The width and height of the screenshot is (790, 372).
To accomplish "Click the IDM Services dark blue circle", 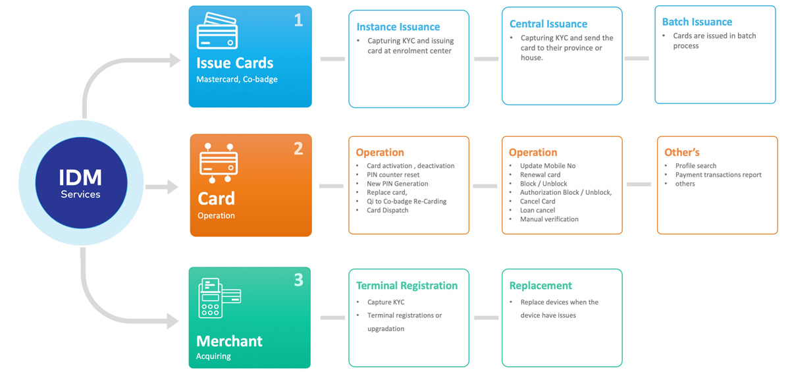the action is pyautogui.click(x=81, y=182).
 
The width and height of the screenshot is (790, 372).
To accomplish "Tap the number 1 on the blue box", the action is pyautogui.click(x=298, y=20).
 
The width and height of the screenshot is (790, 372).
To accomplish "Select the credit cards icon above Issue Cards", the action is pyautogui.click(x=217, y=31).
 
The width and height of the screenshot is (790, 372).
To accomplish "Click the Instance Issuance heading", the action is pyautogui.click(x=398, y=27).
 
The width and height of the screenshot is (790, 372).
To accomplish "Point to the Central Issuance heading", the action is pyautogui.click(x=548, y=24).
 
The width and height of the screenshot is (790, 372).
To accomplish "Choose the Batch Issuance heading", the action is pyautogui.click(x=697, y=22).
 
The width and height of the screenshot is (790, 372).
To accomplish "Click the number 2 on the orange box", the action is pyautogui.click(x=298, y=148).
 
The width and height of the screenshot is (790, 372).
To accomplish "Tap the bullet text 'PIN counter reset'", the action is pyautogui.click(x=393, y=174).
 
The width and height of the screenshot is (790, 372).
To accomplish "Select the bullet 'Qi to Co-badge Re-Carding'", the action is pyautogui.click(x=406, y=201).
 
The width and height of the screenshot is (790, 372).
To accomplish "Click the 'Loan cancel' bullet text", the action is pyautogui.click(x=537, y=210).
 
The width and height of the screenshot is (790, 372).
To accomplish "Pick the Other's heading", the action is pyautogui.click(x=682, y=152).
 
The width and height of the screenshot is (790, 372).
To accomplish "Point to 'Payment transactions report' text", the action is pyautogui.click(x=718, y=174).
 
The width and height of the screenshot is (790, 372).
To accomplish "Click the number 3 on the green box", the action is pyautogui.click(x=298, y=280).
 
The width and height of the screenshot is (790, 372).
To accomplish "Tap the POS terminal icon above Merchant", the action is pyautogui.click(x=219, y=298).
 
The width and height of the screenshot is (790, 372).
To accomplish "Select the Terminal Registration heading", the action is pyautogui.click(x=407, y=286).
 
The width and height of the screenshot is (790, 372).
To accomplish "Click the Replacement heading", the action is pyautogui.click(x=540, y=286).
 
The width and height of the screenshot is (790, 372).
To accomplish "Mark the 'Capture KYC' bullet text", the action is pyautogui.click(x=386, y=302).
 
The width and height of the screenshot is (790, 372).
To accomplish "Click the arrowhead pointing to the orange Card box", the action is pyautogui.click(x=172, y=186).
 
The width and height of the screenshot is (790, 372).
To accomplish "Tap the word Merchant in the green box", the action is pyautogui.click(x=229, y=341).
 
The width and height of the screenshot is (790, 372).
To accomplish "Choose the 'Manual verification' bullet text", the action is pyautogui.click(x=549, y=219).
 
